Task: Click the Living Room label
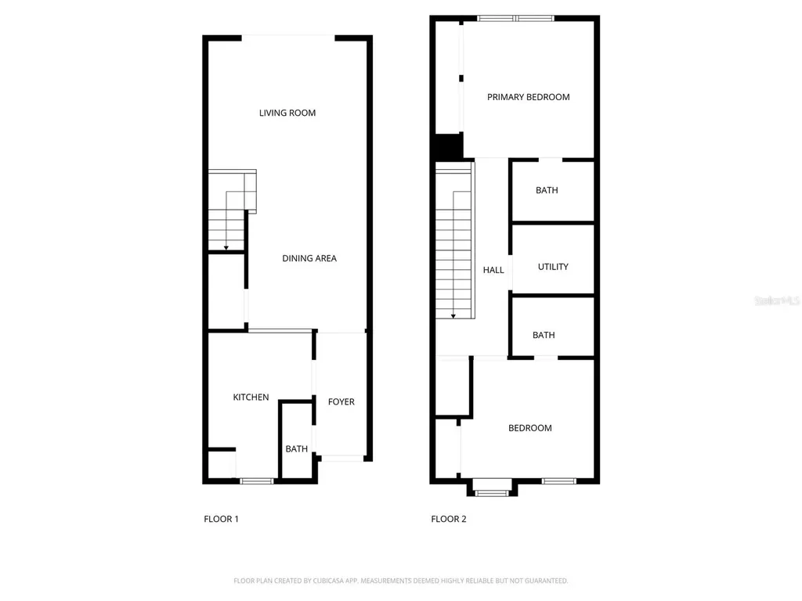[287, 113]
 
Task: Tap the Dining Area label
[309, 258]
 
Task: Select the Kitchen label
[251, 398]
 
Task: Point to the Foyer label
[341, 401]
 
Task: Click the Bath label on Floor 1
[296, 449]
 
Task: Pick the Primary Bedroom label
[528, 97]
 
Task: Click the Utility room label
[553, 267]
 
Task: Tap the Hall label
[493, 270]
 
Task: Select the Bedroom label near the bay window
[529, 428]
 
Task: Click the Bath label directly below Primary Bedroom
[547, 190]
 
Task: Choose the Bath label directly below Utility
[544, 335]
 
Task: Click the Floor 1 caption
[221, 519]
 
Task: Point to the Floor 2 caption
[449, 519]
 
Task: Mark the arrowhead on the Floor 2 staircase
[453, 316]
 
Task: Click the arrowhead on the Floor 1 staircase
[226, 247]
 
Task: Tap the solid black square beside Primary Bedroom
[448, 146]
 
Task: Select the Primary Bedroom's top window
[515, 17]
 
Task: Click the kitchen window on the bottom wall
[257, 480]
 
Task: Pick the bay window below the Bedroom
[492, 492]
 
